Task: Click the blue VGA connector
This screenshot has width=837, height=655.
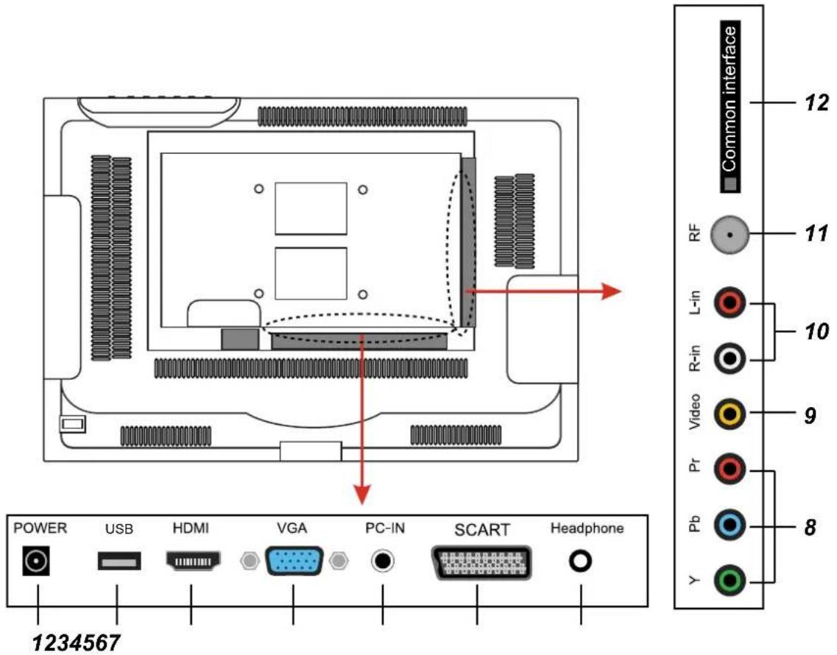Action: click(294, 561)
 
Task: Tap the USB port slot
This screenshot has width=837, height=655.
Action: click(119, 561)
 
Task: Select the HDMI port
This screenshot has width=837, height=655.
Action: click(193, 561)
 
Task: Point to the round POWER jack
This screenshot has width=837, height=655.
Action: click(36, 561)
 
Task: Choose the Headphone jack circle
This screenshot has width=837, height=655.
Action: click(580, 561)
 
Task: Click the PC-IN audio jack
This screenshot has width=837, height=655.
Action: click(383, 561)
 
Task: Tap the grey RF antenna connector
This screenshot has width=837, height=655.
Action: click(730, 235)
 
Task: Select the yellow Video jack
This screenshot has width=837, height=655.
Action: click(730, 413)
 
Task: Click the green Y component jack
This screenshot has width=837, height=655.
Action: click(730, 580)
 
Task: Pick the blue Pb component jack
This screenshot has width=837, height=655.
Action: click(730, 525)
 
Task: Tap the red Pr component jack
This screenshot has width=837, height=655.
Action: click(730, 469)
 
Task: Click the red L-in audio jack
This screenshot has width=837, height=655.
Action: click(730, 302)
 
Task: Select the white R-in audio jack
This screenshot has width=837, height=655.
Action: click(730, 358)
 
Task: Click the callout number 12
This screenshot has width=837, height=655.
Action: click(816, 102)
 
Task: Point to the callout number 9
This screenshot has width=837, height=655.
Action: click(810, 415)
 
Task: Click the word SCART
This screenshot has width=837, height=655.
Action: click(481, 530)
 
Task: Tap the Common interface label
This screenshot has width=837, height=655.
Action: click(730, 106)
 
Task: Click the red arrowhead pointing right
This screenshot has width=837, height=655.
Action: click(612, 291)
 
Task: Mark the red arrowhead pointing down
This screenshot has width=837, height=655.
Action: click(362, 495)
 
